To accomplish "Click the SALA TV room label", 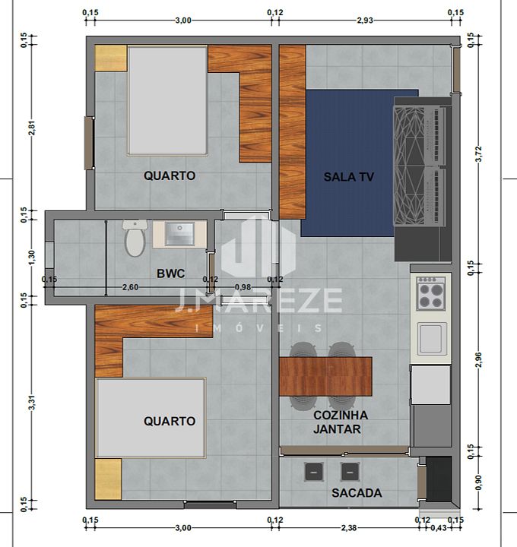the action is point(348,177).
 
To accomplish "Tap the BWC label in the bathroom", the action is point(171,273).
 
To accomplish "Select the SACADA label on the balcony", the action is point(357,493).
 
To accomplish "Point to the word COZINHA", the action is point(341,415).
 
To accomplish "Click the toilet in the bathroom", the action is point(135,239).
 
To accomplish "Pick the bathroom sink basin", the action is point(179,234).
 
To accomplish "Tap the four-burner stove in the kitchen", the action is point(431,293).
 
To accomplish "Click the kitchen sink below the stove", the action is point(432,338).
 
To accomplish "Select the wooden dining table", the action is point(325,376).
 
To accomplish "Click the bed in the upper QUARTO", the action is point(168,100).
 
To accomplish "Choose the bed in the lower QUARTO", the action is point(151,418).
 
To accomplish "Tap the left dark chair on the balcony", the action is point(313,472).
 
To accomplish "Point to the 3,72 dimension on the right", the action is point(479,153).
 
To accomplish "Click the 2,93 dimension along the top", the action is point(365,21).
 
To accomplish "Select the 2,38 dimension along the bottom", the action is point(349,528).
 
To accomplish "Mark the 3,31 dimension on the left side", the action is point(32,403).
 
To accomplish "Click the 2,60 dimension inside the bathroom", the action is point(130,287).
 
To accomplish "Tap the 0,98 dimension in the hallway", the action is point(243,287).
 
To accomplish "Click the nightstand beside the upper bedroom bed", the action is point(111,58).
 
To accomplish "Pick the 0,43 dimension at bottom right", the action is point(439,528).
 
